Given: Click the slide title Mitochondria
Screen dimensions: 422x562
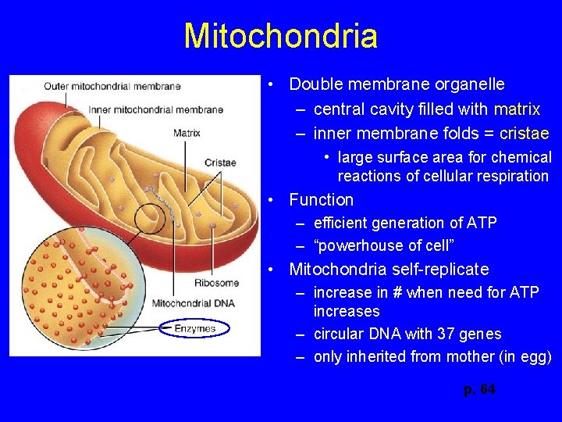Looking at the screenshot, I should tap(281, 36).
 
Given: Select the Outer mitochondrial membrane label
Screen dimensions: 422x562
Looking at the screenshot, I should tap(112, 87).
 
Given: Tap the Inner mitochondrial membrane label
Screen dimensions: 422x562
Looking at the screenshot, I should tap(156, 110).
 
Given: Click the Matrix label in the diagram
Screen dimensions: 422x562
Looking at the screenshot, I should tap(187, 133).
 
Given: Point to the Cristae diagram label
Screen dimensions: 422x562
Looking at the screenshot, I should tap(220, 163).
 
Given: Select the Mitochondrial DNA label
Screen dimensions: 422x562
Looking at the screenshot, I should tap(192, 303).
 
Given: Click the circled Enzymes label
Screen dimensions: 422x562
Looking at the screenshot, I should tap(194, 329).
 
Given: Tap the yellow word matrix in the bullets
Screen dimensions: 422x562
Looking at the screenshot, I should tap(517, 109).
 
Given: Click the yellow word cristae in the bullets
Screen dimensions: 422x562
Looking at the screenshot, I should tap(524, 133).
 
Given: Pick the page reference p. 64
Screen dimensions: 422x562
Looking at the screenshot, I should tap(479, 390).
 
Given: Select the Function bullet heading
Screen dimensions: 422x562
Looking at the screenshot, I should tap(321, 199).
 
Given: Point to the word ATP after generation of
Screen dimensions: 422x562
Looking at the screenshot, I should tap(481, 223).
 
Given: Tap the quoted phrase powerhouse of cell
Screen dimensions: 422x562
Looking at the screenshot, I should tap(383, 245).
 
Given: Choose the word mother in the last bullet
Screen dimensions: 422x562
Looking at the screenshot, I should tap(470, 357).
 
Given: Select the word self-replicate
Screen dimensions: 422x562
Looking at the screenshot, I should tap(441, 270).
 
